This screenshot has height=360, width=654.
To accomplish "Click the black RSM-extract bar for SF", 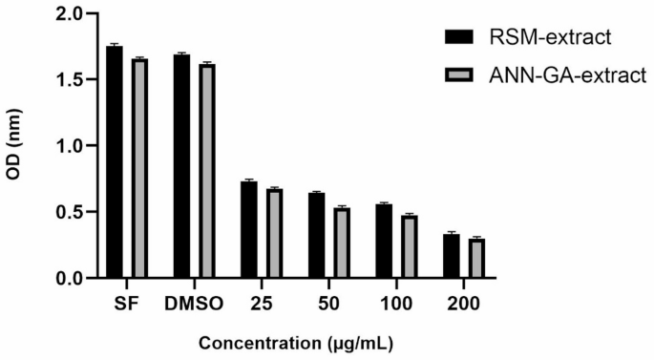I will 115,162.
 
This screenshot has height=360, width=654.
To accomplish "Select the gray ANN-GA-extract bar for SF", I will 139,168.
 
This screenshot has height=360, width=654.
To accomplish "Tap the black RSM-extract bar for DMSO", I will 181,166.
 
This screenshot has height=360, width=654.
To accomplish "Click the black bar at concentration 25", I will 248,230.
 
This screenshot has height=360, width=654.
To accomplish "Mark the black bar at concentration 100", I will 383,242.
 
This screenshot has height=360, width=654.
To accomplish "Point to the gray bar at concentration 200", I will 476,259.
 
